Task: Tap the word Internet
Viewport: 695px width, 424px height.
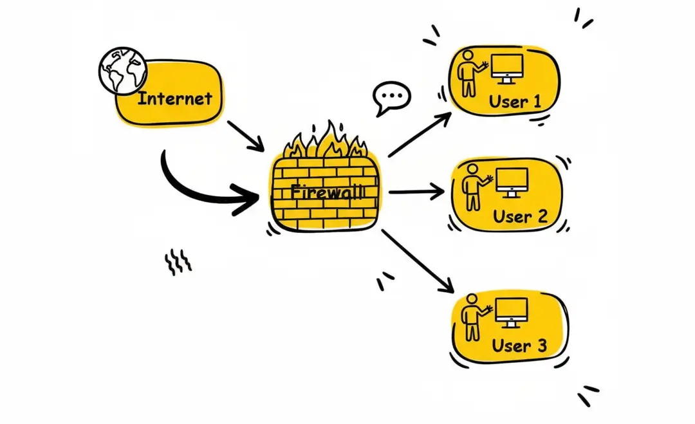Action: [x=174, y=98]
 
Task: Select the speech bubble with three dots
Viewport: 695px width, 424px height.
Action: [x=391, y=98]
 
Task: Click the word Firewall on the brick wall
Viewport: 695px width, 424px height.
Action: [x=326, y=192]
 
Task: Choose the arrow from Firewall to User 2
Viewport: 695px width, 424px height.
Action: [x=416, y=191]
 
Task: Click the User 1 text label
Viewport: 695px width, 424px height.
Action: [x=515, y=101]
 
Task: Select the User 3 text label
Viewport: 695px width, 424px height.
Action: [x=519, y=346]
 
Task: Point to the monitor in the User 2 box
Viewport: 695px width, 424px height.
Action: [x=512, y=183]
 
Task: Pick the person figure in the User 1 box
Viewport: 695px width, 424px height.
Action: [x=468, y=72]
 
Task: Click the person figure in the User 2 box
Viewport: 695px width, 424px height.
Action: [x=474, y=186]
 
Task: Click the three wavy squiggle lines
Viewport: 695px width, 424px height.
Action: [x=178, y=262]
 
